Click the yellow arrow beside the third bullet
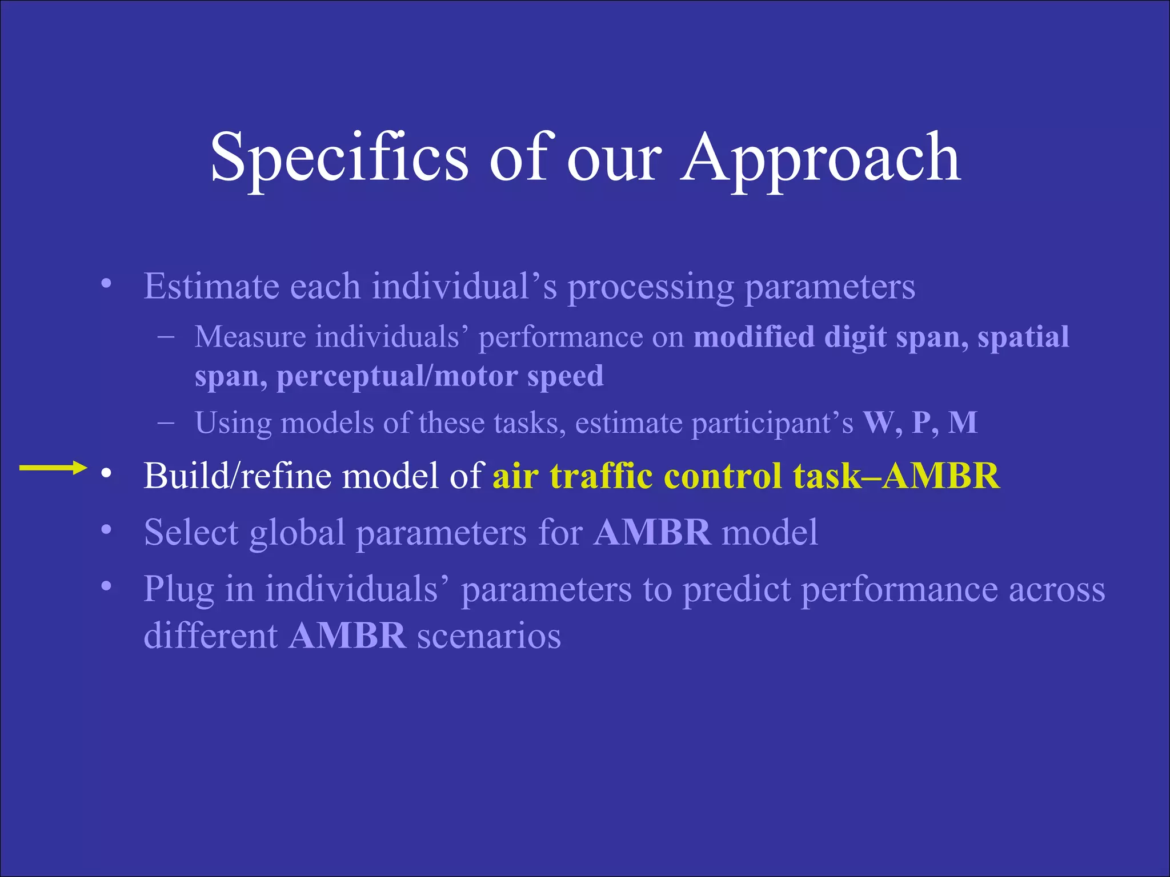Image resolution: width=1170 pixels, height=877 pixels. (53, 468)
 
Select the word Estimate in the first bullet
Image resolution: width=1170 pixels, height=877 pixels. (211, 287)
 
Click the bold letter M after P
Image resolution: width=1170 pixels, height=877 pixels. (963, 423)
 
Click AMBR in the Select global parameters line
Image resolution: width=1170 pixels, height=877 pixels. (652, 533)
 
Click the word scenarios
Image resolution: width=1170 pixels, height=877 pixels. (489, 636)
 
